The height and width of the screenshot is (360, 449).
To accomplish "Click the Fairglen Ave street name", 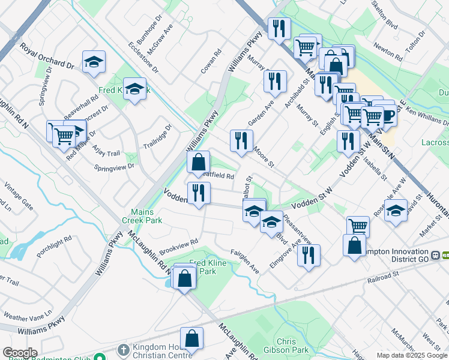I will (x=246, y=262).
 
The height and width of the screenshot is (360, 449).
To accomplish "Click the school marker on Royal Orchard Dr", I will (x=94, y=62).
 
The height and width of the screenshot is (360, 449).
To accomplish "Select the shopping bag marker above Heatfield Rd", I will (x=198, y=161).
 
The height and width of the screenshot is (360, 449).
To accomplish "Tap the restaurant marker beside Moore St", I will (x=241, y=141).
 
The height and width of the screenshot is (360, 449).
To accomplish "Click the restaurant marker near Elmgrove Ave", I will (x=309, y=255).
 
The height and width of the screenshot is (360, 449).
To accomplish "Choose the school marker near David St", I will (x=396, y=211).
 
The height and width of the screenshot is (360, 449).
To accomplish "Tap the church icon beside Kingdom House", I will (x=122, y=349).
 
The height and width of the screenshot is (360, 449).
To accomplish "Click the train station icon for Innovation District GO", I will (x=445, y=255).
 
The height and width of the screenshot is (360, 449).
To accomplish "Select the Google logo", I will (x=20, y=353).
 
